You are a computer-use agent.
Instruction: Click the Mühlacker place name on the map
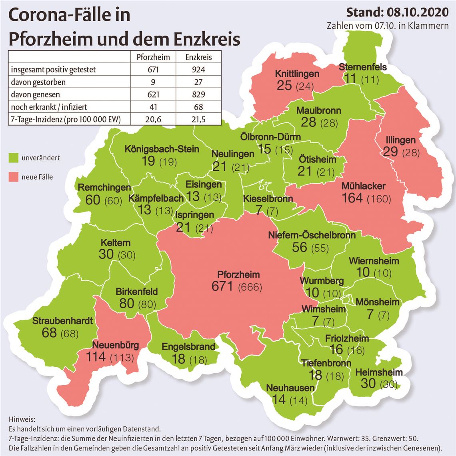click(x=363, y=186)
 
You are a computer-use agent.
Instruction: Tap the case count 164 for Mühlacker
click(x=352, y=198)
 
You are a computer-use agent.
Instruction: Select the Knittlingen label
click(x=297, y=74)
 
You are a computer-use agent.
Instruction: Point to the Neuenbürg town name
click(x=116, y=345)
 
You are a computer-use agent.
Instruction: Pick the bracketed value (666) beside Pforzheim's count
click(x=250, y=287)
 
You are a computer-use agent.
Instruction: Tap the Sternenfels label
click(x=362, y=67)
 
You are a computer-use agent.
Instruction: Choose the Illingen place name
click(x=400, y=140)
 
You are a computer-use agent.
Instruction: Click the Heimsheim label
click(x=379, y=372)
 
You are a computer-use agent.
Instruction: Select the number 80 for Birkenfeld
click(x=126, y=303)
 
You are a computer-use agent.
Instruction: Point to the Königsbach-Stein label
click(x=162, y=150)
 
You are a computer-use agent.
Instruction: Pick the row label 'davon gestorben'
click(x=38, y=82)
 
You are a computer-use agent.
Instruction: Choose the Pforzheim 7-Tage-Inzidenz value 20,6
click(x=154, y=119)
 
